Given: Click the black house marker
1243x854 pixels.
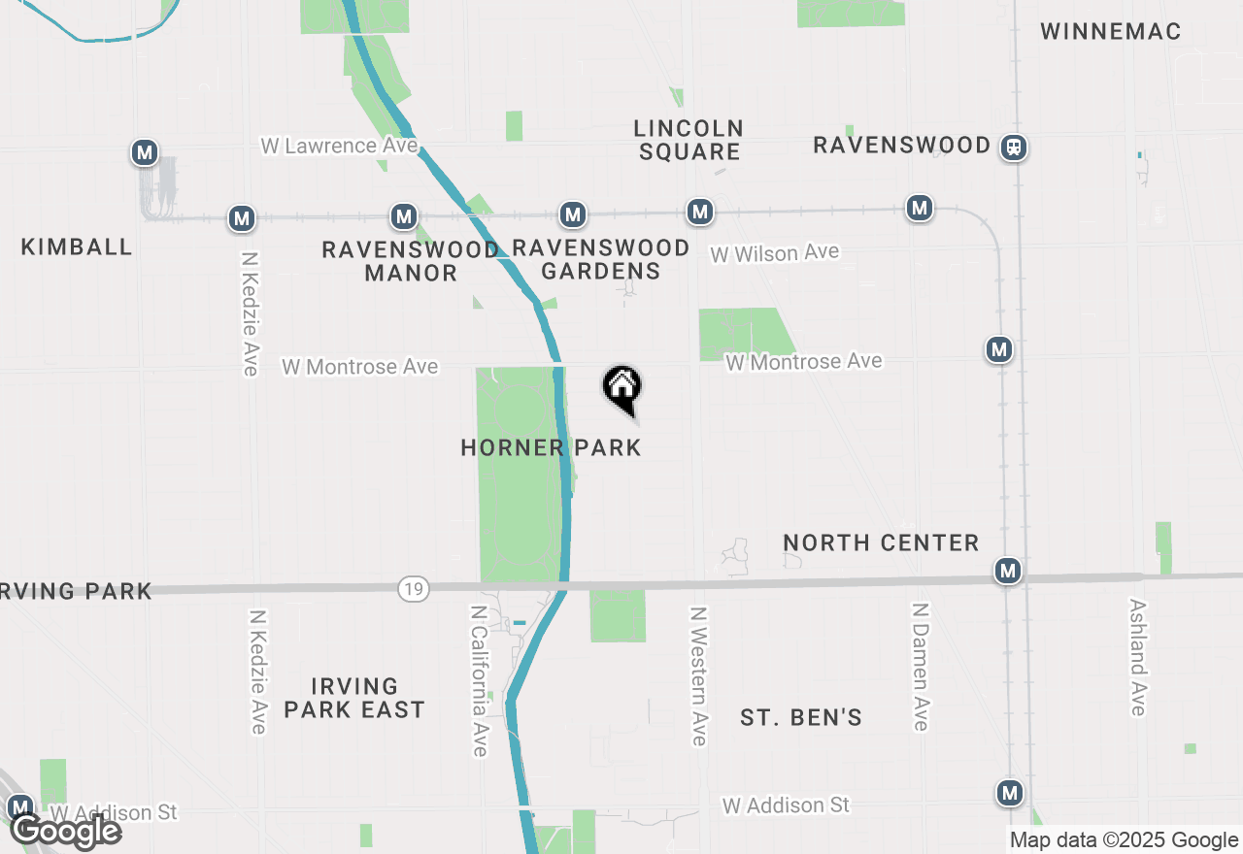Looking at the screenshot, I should tap(622, 388).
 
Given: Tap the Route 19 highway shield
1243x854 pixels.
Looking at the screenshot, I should tap(414, 588).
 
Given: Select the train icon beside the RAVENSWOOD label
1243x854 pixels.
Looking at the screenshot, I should tap(1014, 148).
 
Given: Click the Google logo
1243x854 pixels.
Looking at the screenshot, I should tap(65, 831).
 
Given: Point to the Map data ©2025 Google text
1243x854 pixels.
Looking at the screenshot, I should tap(1124, 840).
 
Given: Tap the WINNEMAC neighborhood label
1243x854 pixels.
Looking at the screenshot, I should tap(1110, 32).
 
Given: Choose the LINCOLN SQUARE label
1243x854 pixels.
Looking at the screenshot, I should tap(689, 140).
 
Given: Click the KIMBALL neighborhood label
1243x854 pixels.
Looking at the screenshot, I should tap(77, 246).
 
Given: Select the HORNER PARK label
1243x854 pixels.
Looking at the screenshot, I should tap(551, 447).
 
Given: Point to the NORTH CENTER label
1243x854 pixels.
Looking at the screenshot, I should tap(881, 542).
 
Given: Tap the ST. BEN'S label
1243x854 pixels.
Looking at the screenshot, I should tap(801, 718).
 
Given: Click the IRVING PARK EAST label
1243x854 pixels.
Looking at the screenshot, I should tap(354, 699).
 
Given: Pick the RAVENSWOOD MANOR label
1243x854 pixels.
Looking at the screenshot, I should tap(410, 261).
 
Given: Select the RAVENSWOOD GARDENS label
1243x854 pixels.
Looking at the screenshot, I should tap(600, 260).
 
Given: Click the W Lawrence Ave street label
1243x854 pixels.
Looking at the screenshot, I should tap(339, 146).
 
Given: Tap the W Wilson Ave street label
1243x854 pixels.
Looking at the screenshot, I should tap(774, 253).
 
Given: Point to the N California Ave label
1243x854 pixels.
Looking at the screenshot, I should tap(478, 680).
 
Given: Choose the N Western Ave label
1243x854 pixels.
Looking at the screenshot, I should tap(697, 676).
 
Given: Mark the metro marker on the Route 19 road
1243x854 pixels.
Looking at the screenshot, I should tap(1008, 571).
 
